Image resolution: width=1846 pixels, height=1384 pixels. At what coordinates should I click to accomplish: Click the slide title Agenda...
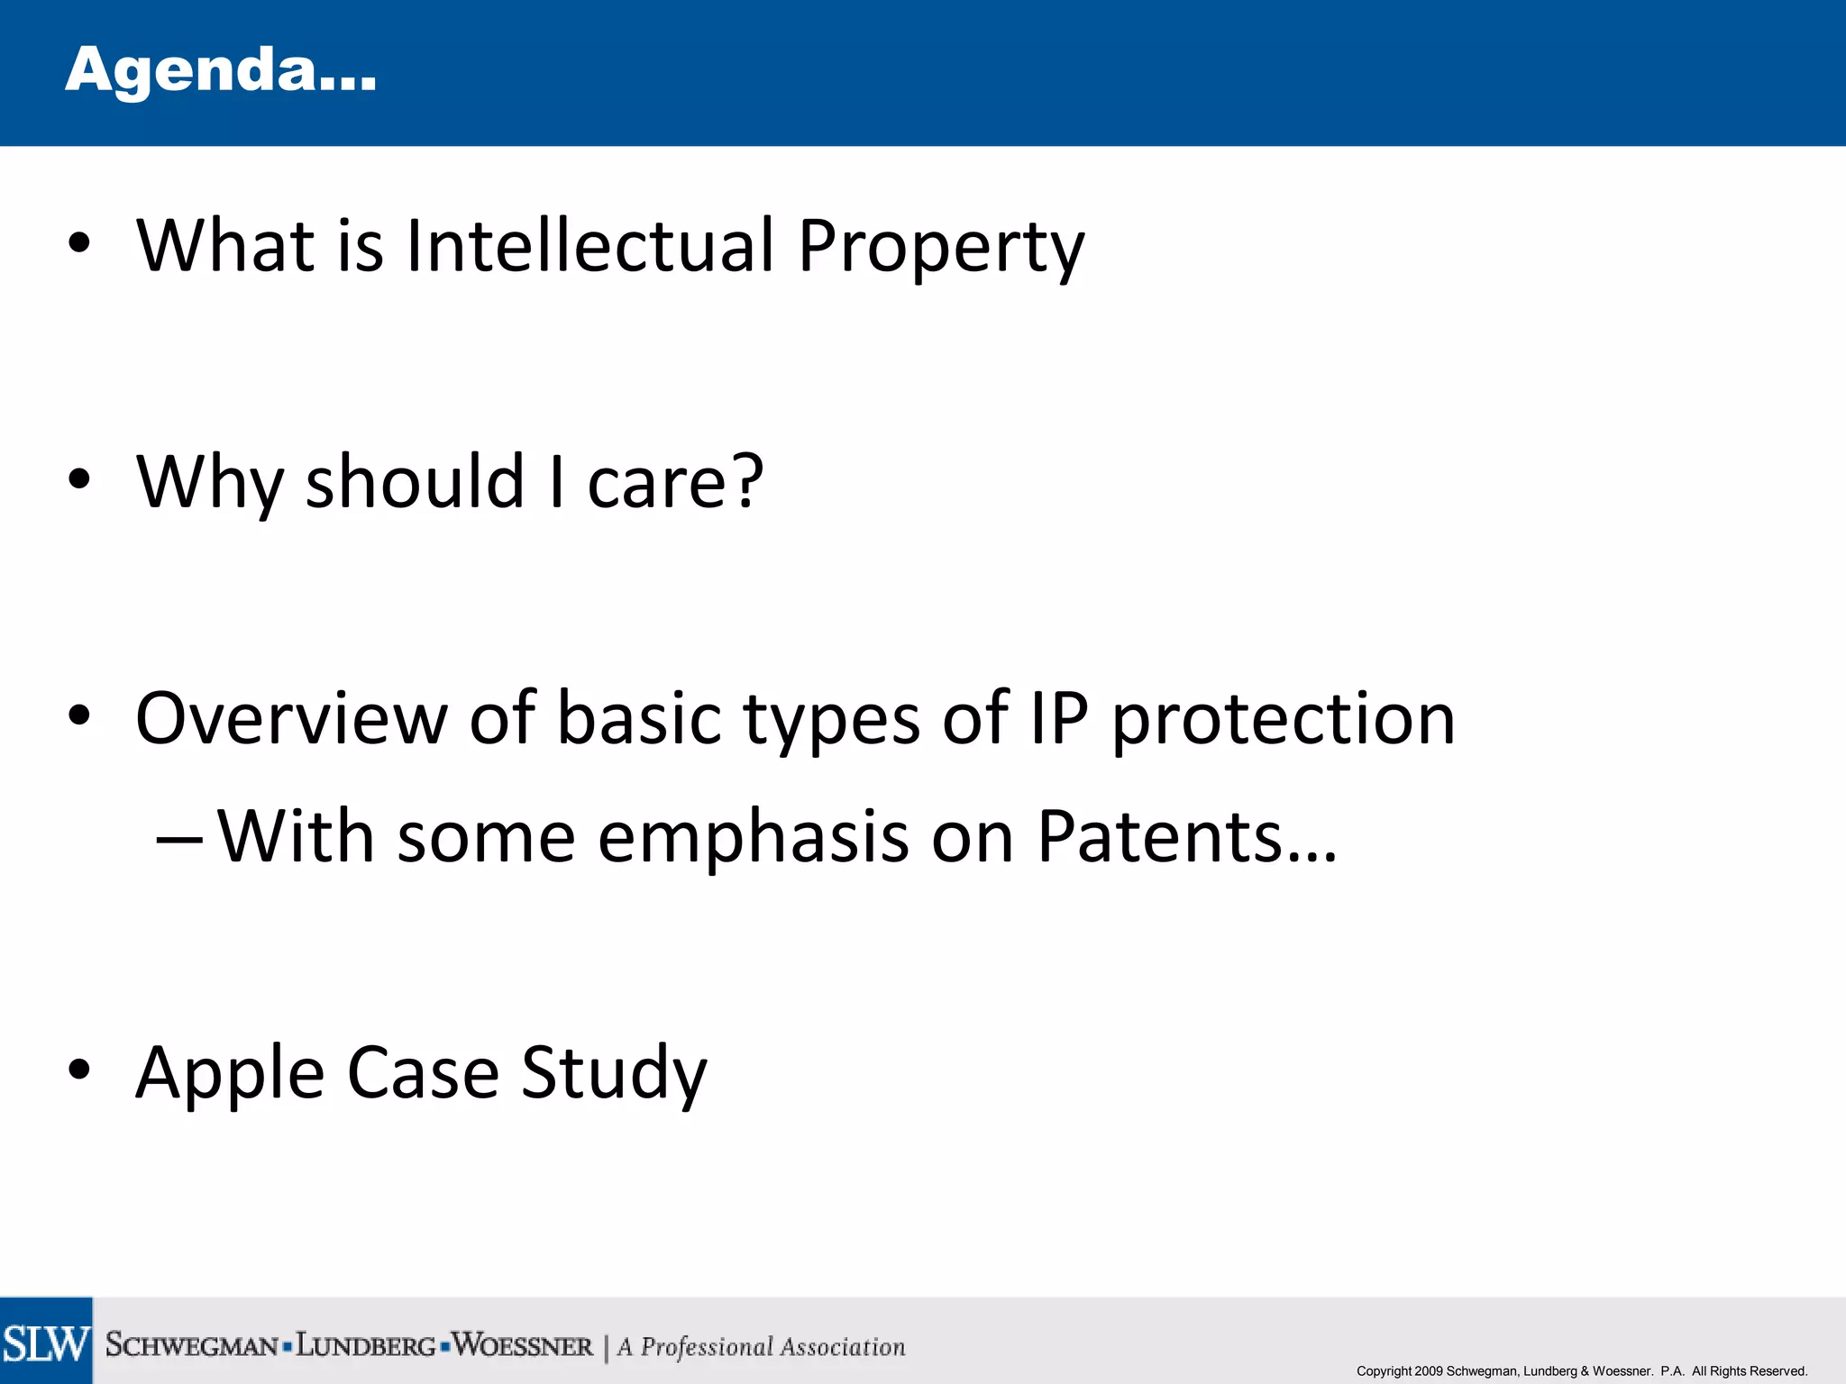tap(221, 70)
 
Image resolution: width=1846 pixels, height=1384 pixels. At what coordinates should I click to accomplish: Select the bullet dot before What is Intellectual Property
tap(79, 242)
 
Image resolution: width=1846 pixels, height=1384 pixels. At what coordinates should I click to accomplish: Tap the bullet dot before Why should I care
tap(79, 478)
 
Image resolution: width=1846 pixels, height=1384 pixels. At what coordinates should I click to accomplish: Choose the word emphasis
tap(753, 838)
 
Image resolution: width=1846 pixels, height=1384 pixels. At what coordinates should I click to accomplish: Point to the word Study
tap(614, 1074)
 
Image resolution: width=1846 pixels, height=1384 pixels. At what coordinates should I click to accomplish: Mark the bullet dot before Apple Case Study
tap(79, 1070)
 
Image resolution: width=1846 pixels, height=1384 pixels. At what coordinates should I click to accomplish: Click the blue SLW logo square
tap(46, 1341)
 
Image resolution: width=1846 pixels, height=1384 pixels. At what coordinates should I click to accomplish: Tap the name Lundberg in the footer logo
tap(366, 1346)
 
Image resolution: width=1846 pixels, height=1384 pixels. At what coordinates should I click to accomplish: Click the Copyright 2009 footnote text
tap(1581, 1371)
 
